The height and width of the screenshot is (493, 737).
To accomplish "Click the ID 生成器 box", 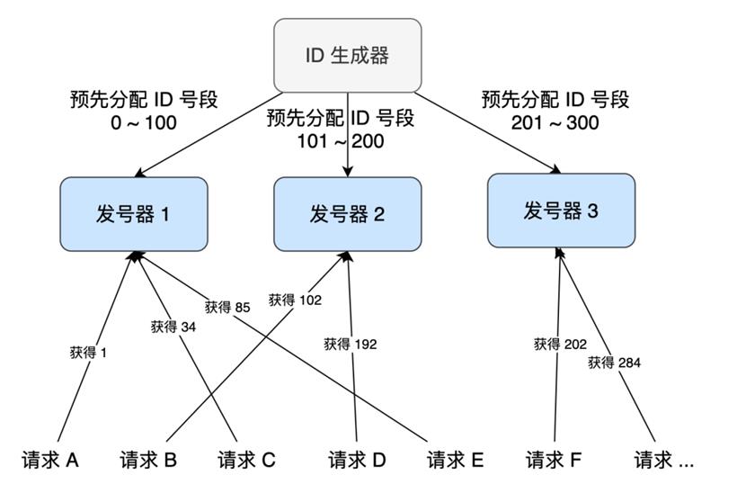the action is pyautogui.click(x=347, y=55).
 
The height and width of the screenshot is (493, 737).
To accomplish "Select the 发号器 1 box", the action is pyautogui.click(x=134, y=214).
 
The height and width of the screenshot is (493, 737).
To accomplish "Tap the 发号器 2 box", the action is pyautogui.click(x=347, y=214).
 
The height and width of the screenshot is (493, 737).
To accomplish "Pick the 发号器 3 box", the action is pyautogui.click(x=561, y=211).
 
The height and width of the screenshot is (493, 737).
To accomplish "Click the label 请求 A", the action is pyautogui.click(x=49, y=460).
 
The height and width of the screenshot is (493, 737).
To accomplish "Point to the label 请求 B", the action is pyautogui.click(x=148, y=460).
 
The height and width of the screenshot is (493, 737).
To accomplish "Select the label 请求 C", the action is pyautogui.click(x=246, y=460).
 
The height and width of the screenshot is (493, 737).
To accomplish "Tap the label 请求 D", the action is pyautogui.click(x=357, y=460).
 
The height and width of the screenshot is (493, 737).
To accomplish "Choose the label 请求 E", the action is pyautogui.click(x=455, y=460).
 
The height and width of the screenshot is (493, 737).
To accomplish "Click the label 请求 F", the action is pyautogui.click(x=554, y=460).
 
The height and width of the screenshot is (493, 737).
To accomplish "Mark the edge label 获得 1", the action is pyautogui.click(x=88, y=352).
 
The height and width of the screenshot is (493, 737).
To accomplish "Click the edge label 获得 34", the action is pyautogui.click(x=173, y=327).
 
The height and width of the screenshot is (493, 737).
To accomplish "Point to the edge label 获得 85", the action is pyautogui.click(x=227, y=307).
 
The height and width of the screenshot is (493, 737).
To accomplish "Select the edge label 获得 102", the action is pyautogui.click(x=295, y=300).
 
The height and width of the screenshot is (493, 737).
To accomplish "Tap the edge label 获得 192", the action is pyautogui.click(x=351, y=344).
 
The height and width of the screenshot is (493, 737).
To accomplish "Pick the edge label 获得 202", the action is pyautogui.click(x=560, y=344).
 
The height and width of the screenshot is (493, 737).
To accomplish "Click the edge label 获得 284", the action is pyautogui.click(x=614, y=363).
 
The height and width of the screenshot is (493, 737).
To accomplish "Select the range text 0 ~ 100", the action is pyautogui.click(x=144, y=122).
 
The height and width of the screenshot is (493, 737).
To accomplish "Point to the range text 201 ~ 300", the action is pyautogui.click(x=555, y=122).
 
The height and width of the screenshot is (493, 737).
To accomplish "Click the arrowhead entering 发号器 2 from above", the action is pyautogui.click(x=347, y=172).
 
